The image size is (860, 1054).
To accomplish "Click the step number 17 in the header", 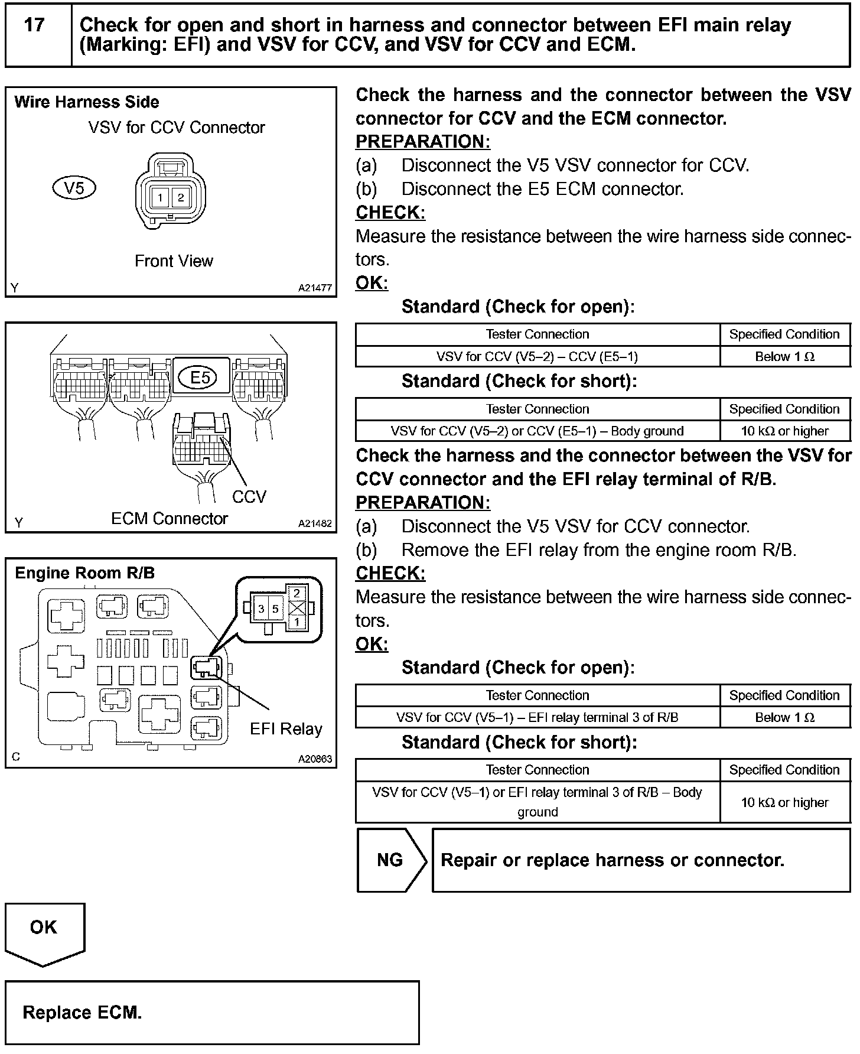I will [35, 25].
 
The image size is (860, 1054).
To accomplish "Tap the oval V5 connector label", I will [74, 188].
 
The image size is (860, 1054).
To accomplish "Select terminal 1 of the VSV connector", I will [159, 197].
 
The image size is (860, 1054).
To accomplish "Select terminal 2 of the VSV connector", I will [181, 197].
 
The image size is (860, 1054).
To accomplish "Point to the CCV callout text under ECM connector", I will [249, 496].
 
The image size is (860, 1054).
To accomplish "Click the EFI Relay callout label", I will [286, 728].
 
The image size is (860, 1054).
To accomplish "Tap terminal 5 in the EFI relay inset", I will [275, 608].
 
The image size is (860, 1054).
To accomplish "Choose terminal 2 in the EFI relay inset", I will [297, 593].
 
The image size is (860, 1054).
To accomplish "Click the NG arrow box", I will [390, 860].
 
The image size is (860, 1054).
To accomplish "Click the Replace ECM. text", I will [82, 1013].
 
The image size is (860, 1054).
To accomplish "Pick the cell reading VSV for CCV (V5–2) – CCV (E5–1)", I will [537, 356].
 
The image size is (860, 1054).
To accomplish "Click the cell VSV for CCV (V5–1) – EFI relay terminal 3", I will [537, 717].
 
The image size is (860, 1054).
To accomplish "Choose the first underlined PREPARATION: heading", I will [423, 142].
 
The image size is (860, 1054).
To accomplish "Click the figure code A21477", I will [315, 288].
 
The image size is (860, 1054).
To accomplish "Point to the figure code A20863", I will [315, 759].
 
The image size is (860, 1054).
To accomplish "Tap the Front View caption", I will [174, 261].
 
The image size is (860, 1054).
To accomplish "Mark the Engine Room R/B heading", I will [84, 573].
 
